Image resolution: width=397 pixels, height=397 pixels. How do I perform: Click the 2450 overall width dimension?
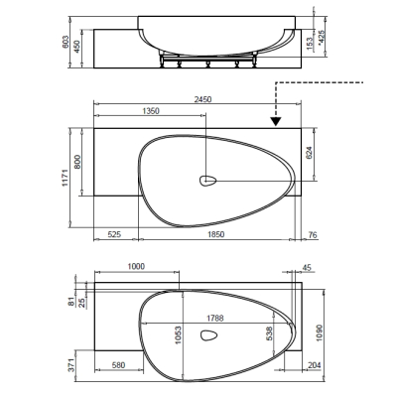coord(202,99)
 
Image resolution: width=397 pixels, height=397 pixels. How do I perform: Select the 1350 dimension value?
coord(151,111)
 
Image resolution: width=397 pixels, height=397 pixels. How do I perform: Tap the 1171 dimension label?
coord(66,178)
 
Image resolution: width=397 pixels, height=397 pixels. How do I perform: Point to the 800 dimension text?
coord(77,162)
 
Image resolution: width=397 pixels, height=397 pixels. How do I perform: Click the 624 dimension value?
coord(309,153)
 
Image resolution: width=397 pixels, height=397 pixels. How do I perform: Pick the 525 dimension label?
coord(114,234)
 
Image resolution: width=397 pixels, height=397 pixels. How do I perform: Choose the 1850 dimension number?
coord(215,234)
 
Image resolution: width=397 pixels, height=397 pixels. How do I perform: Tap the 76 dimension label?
coord(313,235)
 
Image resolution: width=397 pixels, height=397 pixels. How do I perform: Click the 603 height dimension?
coord(66,42)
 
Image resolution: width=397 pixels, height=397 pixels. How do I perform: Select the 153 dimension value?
coord(310,43)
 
